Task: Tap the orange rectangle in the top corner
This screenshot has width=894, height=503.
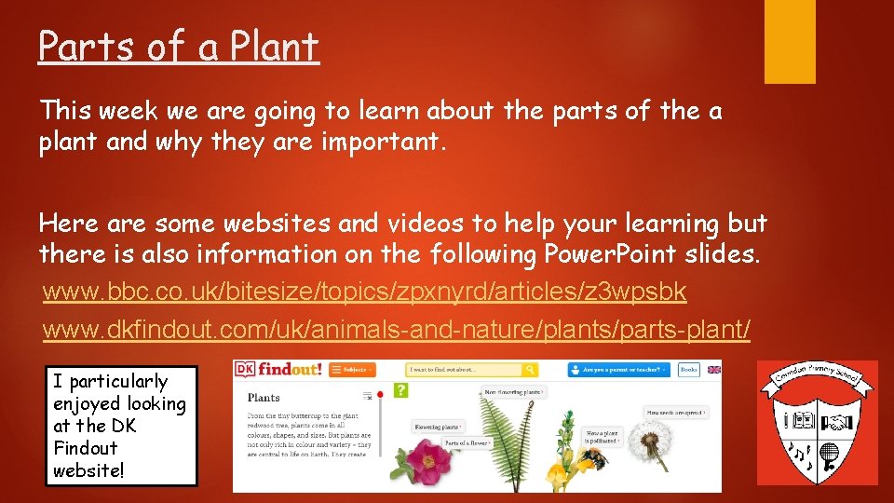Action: (x=790, y=42)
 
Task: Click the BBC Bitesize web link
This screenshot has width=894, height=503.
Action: (x=365, y=292)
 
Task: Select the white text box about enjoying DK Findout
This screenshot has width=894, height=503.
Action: (x=122, y=426)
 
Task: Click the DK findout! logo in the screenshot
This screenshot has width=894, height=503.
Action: (x=279, y=370)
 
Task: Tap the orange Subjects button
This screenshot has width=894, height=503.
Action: (x=352, y=370)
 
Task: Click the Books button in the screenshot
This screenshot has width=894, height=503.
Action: (x=688, y=370)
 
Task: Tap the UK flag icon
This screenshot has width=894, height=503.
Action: (x=713, y=370)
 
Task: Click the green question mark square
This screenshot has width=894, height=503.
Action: (x=402, y=391)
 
